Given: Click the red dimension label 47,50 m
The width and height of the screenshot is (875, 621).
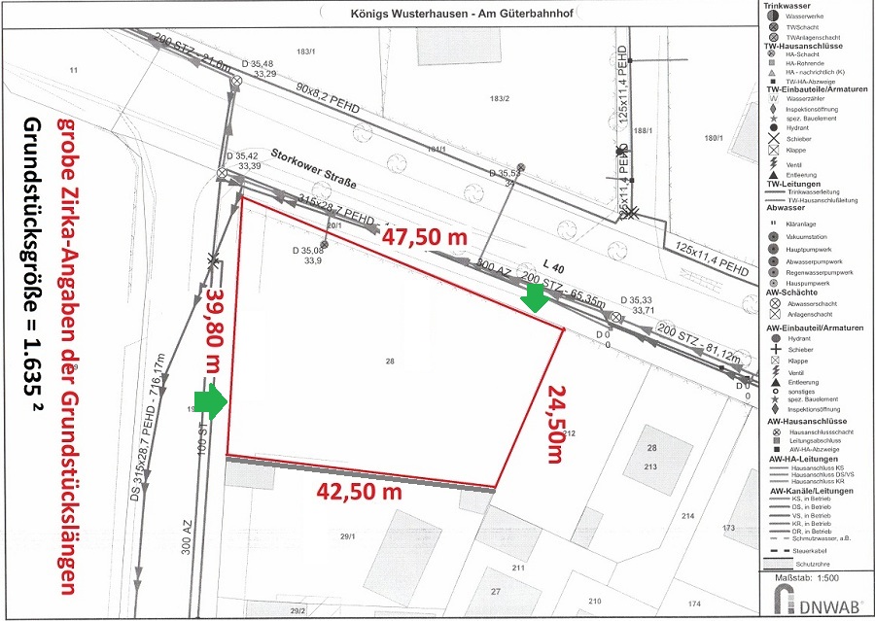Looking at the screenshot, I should click(x=425, y=236).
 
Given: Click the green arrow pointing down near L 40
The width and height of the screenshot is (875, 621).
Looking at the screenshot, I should click(x=533, y=302).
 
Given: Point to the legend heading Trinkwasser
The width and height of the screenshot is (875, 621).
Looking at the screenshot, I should click(x=787, y=6).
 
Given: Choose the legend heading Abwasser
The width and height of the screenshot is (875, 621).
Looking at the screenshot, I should click(x=786, y=206).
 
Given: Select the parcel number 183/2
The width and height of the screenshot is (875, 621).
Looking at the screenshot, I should click(x=500, y=98).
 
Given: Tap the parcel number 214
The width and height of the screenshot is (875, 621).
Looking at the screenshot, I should click(x=689, y=515).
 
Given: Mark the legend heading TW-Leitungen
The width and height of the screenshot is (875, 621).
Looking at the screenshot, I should click(x=793, y=184).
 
